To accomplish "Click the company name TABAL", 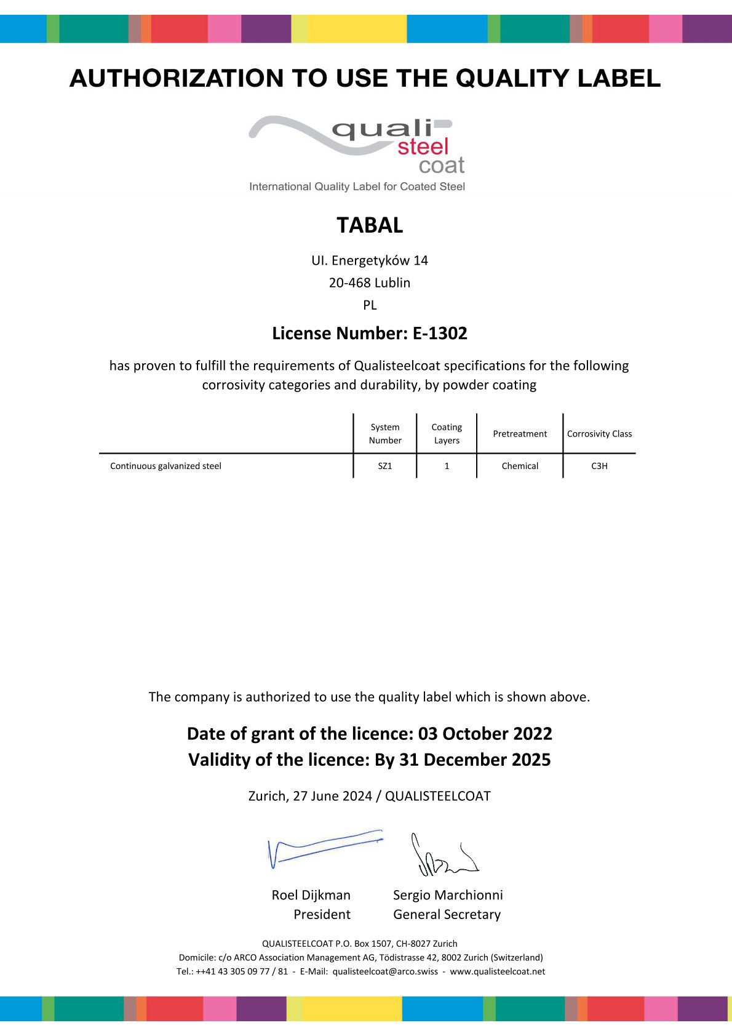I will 370,225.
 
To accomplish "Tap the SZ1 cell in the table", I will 385,466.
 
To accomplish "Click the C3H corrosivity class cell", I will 599,466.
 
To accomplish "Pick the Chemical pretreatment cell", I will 520,466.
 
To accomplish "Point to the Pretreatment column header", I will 520,434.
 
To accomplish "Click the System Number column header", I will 385,434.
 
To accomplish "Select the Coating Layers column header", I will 447,434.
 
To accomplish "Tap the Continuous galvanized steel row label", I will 165,466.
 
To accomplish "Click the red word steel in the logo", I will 423,147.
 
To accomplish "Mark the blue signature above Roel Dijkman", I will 324,848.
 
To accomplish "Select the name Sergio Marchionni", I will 448,895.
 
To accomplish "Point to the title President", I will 322,915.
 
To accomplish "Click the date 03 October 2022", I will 485,734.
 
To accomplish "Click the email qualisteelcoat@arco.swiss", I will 385,971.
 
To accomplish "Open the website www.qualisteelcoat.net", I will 497,971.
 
